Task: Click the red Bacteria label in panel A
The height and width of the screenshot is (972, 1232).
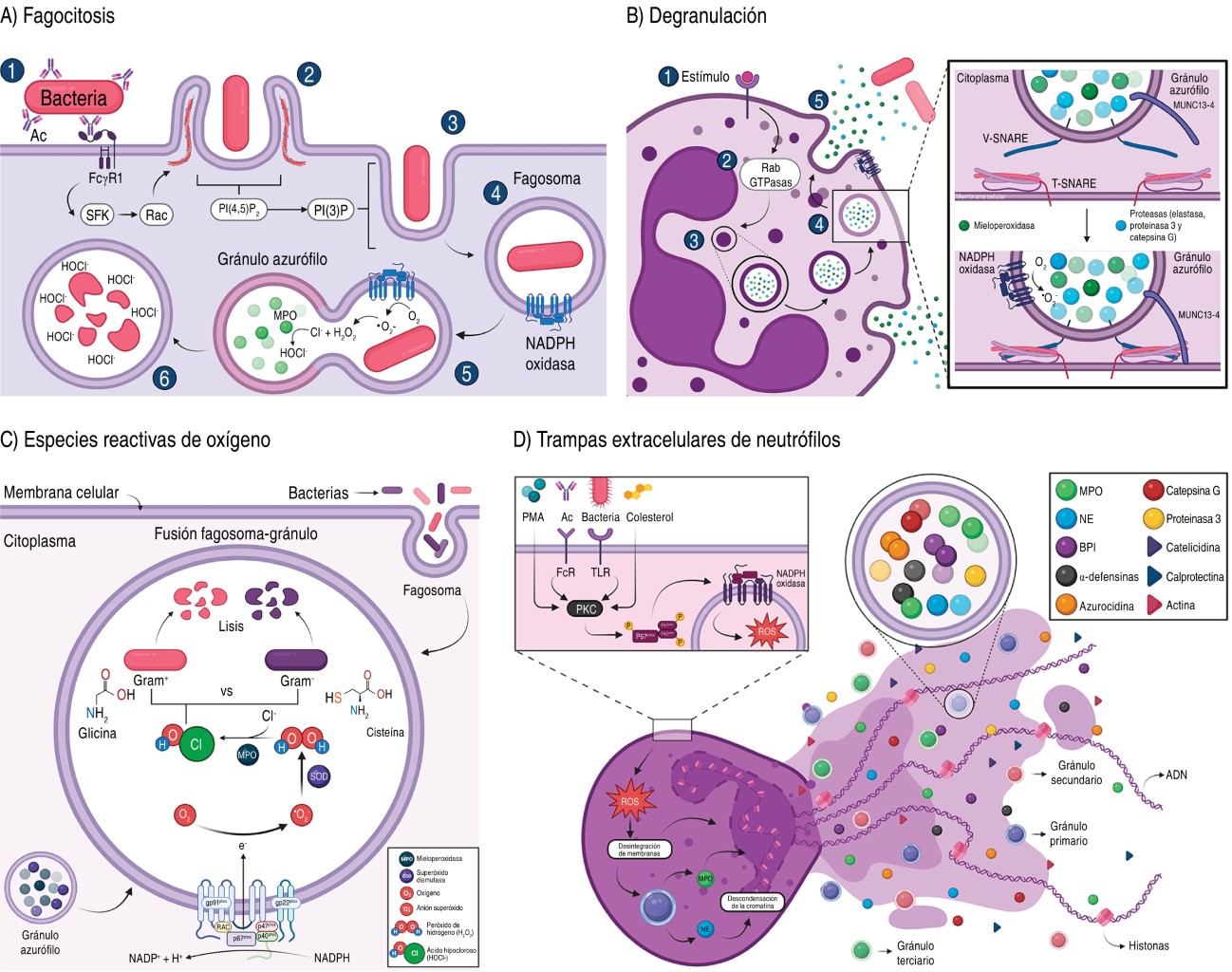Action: point(74,98)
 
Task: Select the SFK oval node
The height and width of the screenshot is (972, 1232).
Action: point(97,215)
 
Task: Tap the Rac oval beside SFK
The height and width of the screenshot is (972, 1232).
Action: point(157,215)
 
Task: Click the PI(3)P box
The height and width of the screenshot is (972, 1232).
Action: point(331,210)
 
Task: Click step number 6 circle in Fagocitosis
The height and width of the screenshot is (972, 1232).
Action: point(164,378)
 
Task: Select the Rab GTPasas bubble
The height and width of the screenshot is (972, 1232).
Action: point(770,176)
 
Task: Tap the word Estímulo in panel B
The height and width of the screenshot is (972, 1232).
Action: point(705,77)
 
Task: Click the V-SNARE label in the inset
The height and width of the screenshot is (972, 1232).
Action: point(1005,139)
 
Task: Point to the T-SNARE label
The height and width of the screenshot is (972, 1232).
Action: point(1073,183)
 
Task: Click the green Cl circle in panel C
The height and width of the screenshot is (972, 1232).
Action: point(196,744)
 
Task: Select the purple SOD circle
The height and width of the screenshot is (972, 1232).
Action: point(319,776)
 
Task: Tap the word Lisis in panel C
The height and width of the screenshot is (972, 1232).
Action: point(231,626)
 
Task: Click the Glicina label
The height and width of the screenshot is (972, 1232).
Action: point(97,733)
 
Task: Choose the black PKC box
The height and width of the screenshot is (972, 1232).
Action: point(587,608)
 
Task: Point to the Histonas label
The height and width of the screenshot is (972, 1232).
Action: point(1148,945)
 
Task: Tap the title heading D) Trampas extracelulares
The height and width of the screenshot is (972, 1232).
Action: point(676,439)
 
